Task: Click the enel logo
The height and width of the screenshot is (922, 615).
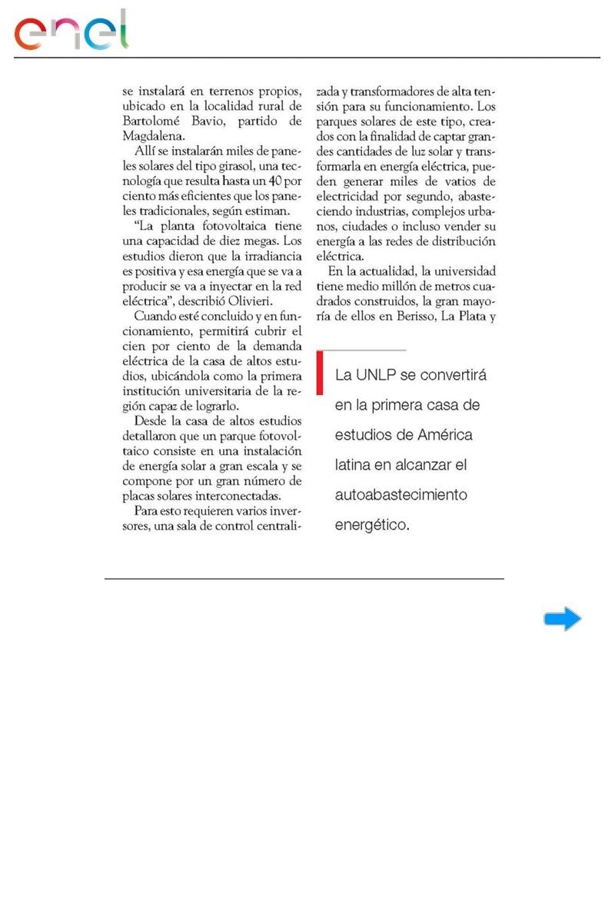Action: coord(71,32)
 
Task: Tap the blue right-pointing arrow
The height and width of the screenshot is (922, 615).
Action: coord(563,619)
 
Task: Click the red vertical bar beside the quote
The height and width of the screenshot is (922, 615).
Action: coord(320,373)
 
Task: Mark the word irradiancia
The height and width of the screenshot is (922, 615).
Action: coord(268,254)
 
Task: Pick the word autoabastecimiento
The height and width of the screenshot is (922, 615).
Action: coord(401,495)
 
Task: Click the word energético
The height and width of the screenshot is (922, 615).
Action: coord(373,526)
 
